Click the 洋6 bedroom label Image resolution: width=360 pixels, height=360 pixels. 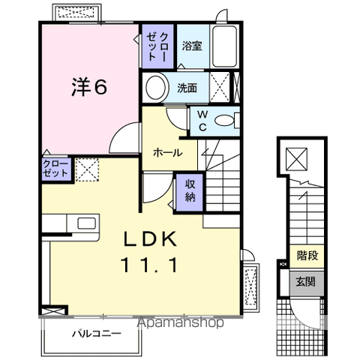point(89,87)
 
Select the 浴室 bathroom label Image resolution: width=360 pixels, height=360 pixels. point(191,46)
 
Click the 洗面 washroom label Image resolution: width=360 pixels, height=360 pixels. point(187,88)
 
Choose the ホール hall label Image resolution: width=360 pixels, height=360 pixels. point(166,152)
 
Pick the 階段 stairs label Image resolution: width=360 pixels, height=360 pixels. point(307,256)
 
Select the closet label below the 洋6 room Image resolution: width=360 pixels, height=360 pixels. point(56,167)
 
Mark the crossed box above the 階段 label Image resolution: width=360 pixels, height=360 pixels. point(298,159)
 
